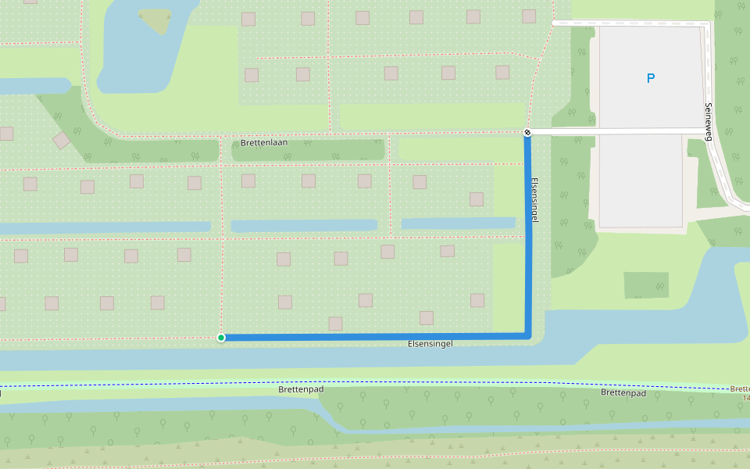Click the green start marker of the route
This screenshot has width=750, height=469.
click(x=221, y=338)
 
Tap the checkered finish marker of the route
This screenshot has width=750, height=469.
click(x=528, y=132)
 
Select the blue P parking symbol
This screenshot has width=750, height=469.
click(x=650, y=78)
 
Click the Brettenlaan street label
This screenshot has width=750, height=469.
click(x=264, y=143)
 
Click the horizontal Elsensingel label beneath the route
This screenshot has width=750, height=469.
click(x=430, y=344)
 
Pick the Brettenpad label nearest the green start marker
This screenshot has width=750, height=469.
click(x=301, y=388)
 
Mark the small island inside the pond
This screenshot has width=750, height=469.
click(x=159, y=21)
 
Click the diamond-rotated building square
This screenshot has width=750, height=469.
click(x=62, y=141)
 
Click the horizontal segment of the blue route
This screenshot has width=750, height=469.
click(x=375, y=337)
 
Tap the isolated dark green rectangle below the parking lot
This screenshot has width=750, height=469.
click(x=646, y=285)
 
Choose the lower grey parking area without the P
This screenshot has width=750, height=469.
click(x=641, y=180)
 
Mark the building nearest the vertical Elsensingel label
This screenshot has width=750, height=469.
click(x=477, y=199)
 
